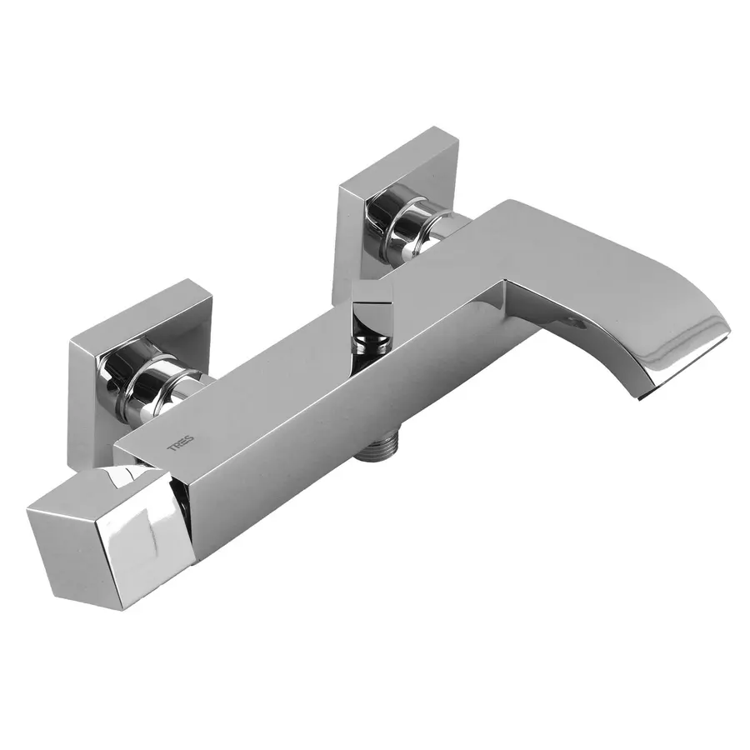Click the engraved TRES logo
point(180,443)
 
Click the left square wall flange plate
point(138,363)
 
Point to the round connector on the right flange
point(412,225)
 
